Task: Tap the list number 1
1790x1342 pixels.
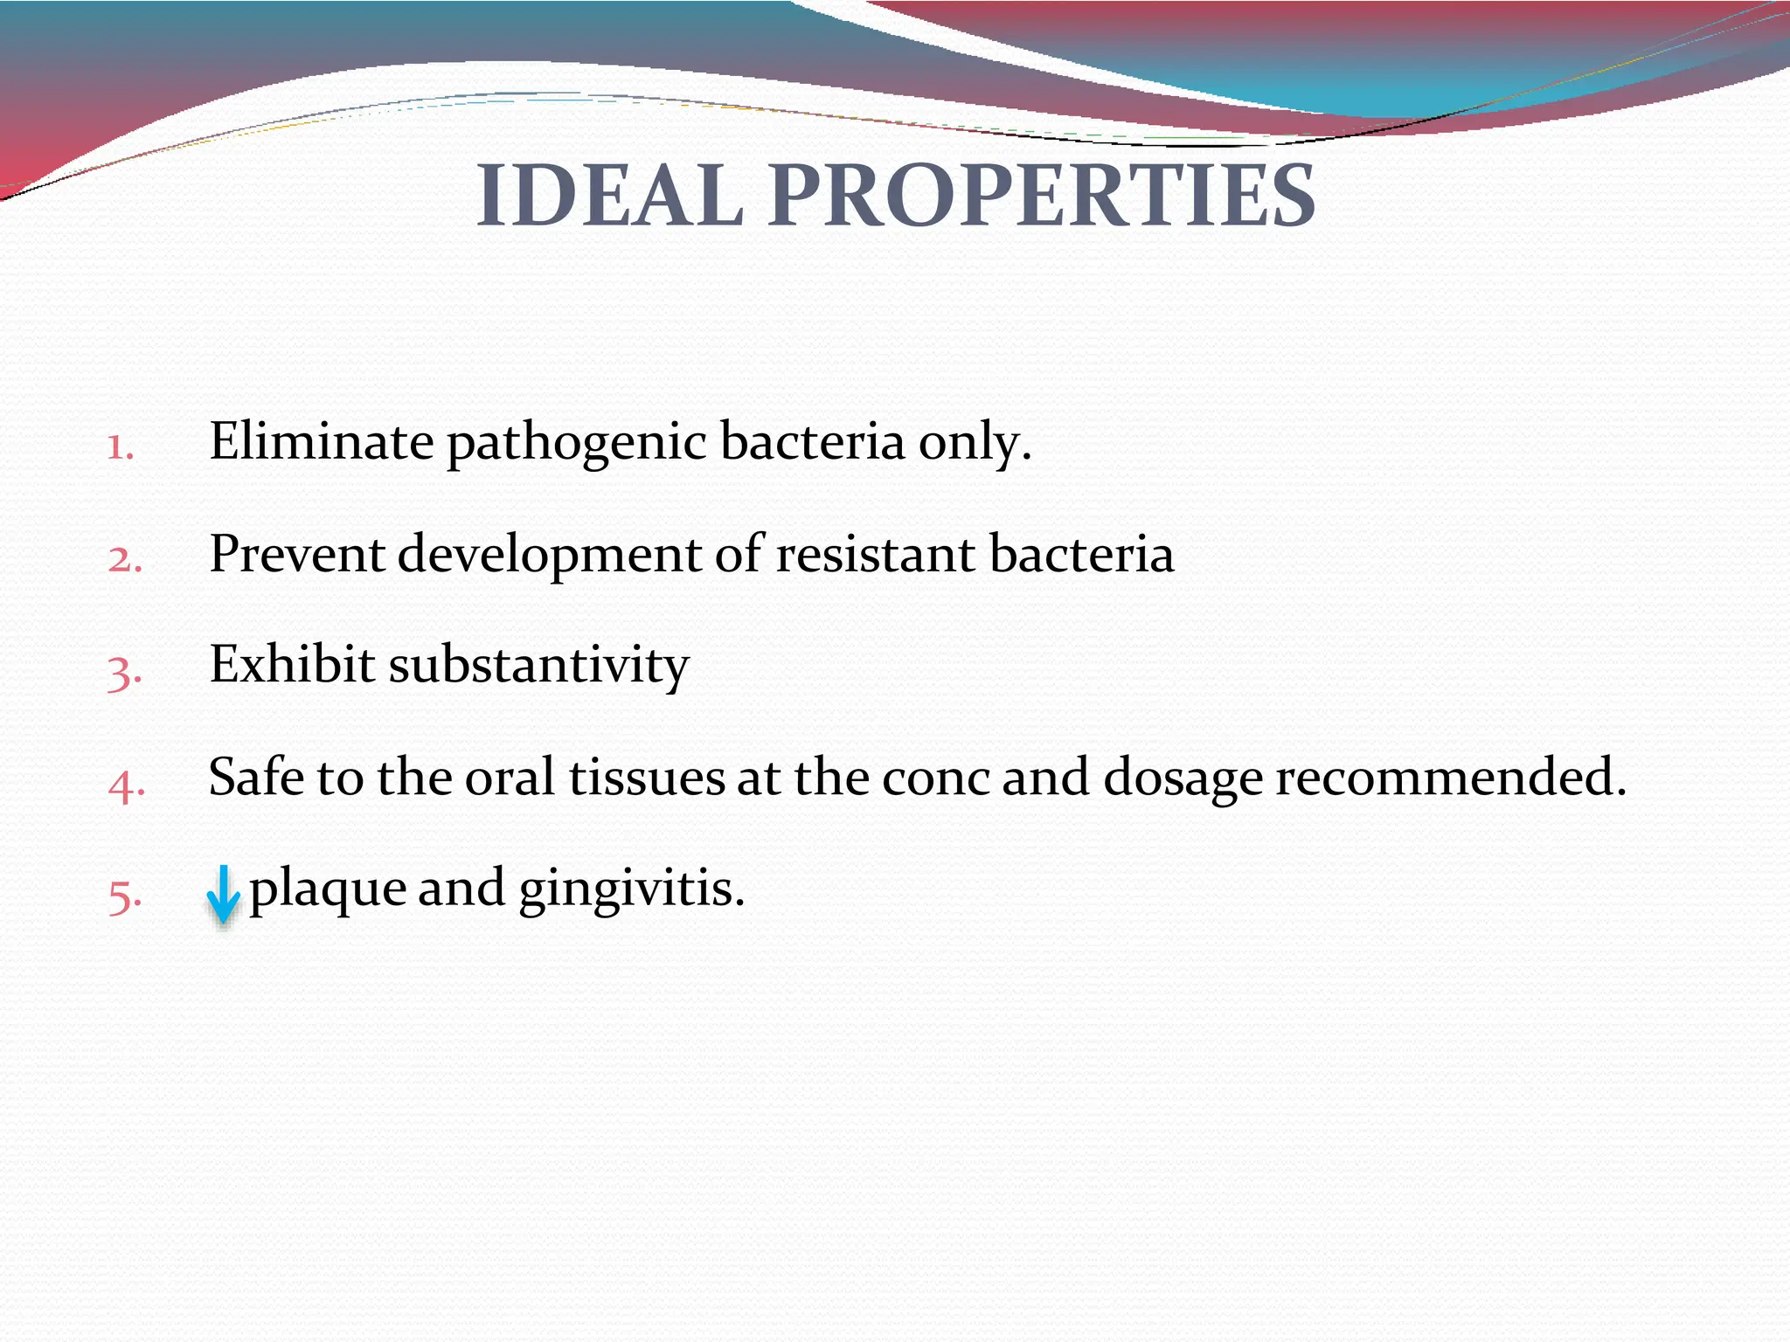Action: tap(120, 447)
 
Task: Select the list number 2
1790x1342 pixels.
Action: tap(124, 559)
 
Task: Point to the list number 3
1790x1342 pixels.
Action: tap(124, 673)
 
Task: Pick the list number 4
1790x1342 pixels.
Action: tap(126, 785)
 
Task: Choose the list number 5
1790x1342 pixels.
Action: tap(124, 896)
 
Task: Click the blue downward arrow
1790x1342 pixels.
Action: tap(223, 894)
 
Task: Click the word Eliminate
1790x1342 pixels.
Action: tap(321, 441)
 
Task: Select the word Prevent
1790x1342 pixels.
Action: tap(296, 554)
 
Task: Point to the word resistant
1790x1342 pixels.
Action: tap(875, 554)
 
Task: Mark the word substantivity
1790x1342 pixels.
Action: tap(538, 665)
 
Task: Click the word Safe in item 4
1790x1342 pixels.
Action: tap(256, 777)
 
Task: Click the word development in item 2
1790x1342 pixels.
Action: tap(550, 557)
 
